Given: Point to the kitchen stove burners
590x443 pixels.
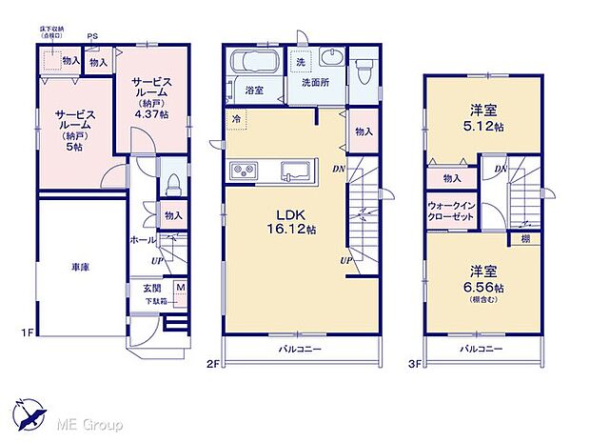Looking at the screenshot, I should click(243, 171).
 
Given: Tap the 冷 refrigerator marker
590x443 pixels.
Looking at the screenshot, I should click(235, 119).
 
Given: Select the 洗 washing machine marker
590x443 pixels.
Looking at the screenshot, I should click(300, 62).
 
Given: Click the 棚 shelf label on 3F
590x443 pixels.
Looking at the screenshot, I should click(525, 240).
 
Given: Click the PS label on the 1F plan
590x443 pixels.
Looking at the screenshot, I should click(92, 37).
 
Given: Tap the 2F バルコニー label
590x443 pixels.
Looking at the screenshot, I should click(300, 350).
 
